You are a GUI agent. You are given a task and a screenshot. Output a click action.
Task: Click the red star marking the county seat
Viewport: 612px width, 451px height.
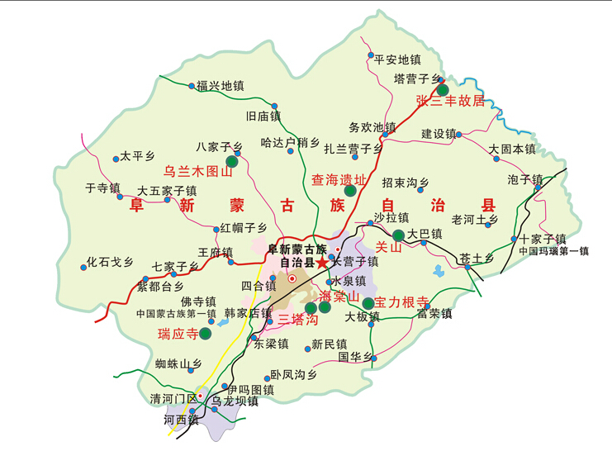tap(321, 262)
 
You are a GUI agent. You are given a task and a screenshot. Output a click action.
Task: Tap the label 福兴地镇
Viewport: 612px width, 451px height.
tap(220, 85)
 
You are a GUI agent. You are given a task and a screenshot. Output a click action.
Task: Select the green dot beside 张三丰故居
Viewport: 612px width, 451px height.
tap(443, 90)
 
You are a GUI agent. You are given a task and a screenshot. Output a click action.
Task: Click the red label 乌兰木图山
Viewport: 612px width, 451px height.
tap(196, 172)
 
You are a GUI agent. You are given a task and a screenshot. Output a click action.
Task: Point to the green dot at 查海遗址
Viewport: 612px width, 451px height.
tap(350, 191)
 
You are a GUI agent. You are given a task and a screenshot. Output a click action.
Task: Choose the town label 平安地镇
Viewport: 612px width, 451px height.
tap(397, 59)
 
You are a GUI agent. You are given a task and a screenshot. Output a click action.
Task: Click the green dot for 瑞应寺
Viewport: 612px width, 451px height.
tap(205, 334)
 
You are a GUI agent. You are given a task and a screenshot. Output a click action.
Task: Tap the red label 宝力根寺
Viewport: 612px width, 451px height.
tap(401, 301)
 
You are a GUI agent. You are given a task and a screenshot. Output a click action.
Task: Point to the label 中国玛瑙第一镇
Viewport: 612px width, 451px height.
tap(554, 251)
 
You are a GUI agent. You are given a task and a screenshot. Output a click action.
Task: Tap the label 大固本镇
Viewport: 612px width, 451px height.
tap(512, 150)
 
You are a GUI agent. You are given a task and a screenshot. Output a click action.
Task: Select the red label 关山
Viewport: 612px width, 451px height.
tap(387, 246)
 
